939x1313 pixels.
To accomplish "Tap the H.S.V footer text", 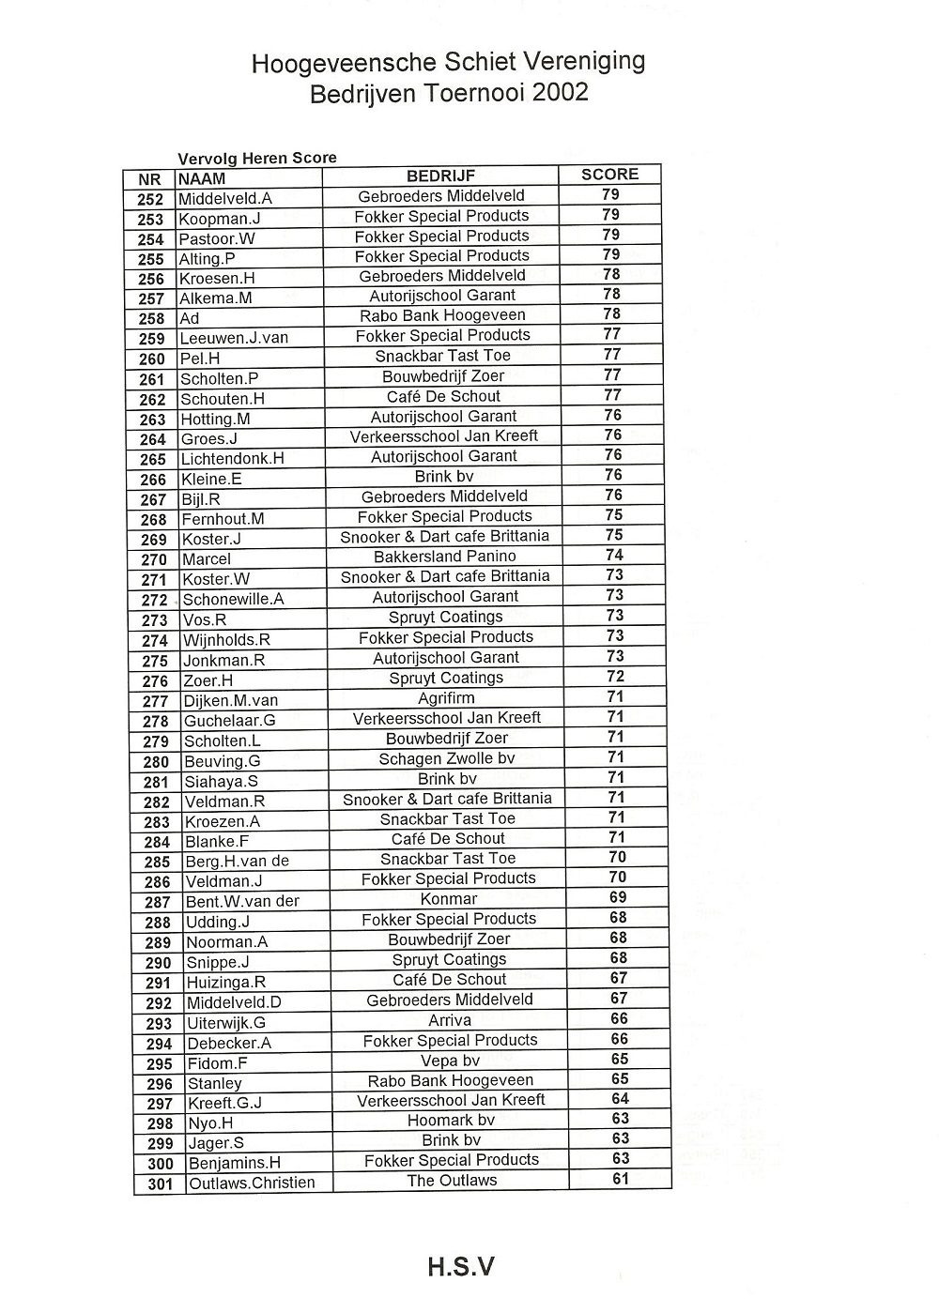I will click(460, 1267).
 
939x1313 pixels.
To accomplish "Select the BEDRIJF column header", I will click(440, 176).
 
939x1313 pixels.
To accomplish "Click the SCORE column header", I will click(609, 175).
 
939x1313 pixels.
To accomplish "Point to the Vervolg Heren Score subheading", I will click(257, 158).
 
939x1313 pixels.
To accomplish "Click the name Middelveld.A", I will click(225, 199).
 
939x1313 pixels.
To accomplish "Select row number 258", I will click(151, 319).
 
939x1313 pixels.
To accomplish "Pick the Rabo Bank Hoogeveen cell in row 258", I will click(442, 315).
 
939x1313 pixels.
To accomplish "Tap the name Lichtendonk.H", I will click(233, 459).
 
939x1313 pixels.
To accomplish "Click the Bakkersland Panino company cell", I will click(445, 556).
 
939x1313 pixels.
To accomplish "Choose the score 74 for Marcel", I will click(614, 555).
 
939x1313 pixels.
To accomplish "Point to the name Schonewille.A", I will click(233, 600).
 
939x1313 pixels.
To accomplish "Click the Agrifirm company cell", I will click(446, 698).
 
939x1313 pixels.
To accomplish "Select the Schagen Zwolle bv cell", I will click(447, 758).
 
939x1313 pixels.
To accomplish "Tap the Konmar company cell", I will click(449, 899).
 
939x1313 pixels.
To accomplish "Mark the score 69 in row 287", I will click(618, 897).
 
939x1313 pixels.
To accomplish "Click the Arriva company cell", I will click(450, 1020).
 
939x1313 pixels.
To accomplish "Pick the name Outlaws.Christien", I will click(252, 1183).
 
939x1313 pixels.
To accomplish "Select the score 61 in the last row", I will click(620, 1179).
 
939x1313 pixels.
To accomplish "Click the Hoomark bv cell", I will click(451, 1120).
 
